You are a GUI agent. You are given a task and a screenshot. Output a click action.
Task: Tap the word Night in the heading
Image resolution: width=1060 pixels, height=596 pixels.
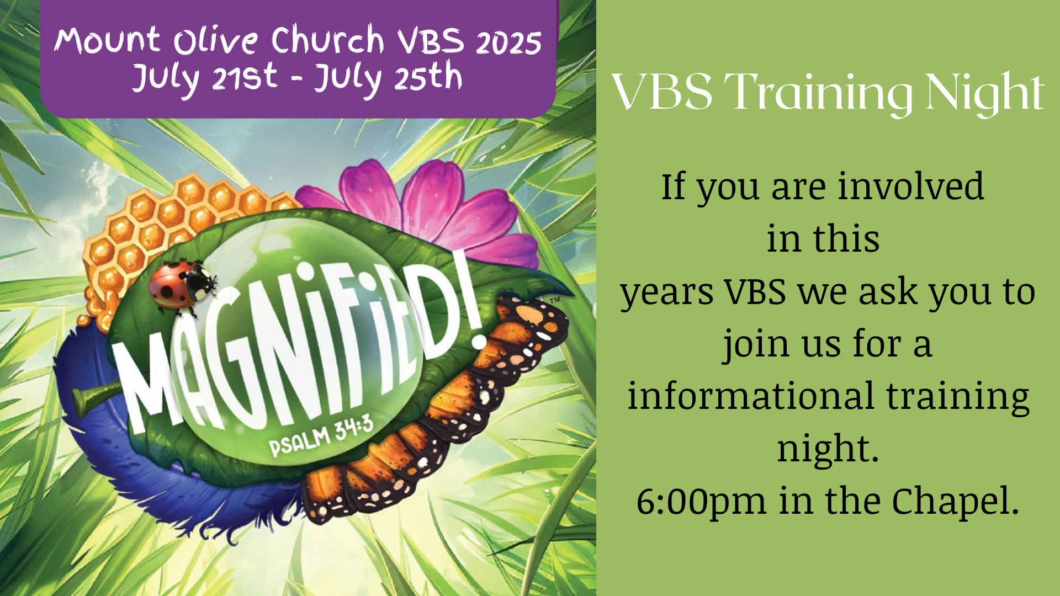pyautogui.click(x=985, y=94)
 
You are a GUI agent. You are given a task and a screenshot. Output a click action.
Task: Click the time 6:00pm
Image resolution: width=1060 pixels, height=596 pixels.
pyautogui.click(x=701, y=502)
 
